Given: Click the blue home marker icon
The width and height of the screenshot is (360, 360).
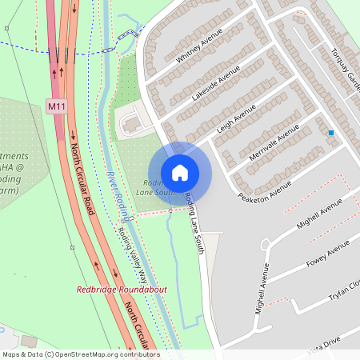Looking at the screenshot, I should pyautogui.click(x=180, y=172).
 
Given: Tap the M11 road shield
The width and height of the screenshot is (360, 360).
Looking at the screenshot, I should pyautogui.click(x=55, y=106).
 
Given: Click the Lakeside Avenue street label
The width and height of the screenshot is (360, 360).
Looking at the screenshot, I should pyautogui.click(x=216, y=82).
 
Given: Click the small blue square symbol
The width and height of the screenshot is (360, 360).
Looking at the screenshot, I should pyautogui.click(x=330, y=133).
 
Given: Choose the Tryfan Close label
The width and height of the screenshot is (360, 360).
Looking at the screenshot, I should pyautogui.click(x=344, y=290).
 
